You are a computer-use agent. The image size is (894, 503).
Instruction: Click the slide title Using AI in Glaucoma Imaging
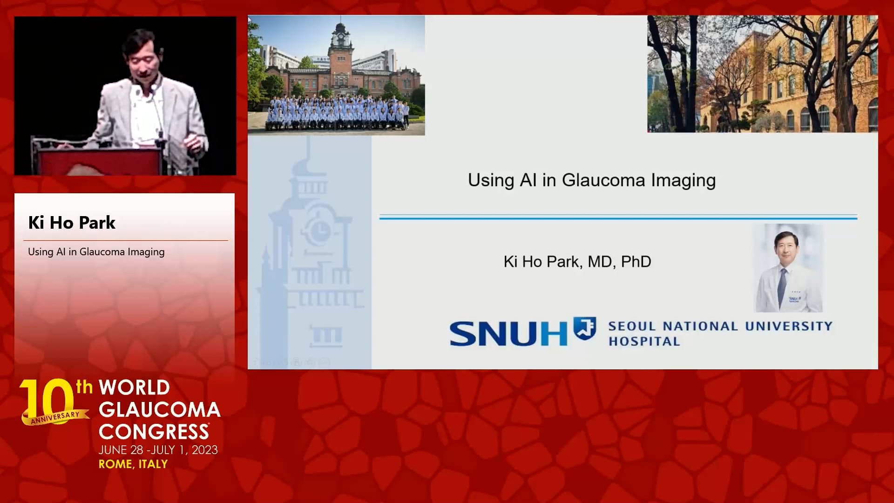(x=591, y=180)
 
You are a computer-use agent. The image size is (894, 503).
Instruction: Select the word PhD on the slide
(x=636, y=262)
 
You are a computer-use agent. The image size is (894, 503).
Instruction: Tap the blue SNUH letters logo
(x=508, y=333)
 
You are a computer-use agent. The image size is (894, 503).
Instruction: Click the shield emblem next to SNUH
(x=584, y=328)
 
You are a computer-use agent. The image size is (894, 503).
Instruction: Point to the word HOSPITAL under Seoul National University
(x=644, y=341)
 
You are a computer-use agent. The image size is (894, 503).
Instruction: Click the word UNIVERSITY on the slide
(x=789, y=326)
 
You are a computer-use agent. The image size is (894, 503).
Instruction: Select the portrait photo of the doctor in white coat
(x=788, y=268)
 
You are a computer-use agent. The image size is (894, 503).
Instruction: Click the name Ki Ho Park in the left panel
(x=72, y=223)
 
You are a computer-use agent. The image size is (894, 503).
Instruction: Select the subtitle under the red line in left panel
(x=96, y=252)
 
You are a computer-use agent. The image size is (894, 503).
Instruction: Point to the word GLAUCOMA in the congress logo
(x=160, y=410)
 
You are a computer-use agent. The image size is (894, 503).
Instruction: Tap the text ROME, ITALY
(x=133, y=464)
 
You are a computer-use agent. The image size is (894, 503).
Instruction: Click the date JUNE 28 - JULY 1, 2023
(x=158, y=450)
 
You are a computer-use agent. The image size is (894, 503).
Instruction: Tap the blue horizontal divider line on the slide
(x=618, y=217)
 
